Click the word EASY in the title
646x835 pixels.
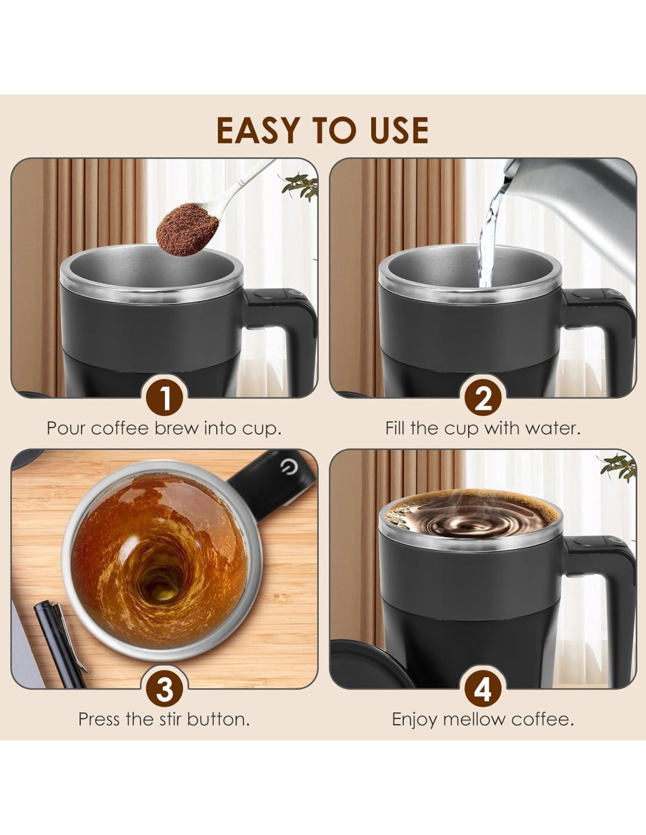tap(258, 130)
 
